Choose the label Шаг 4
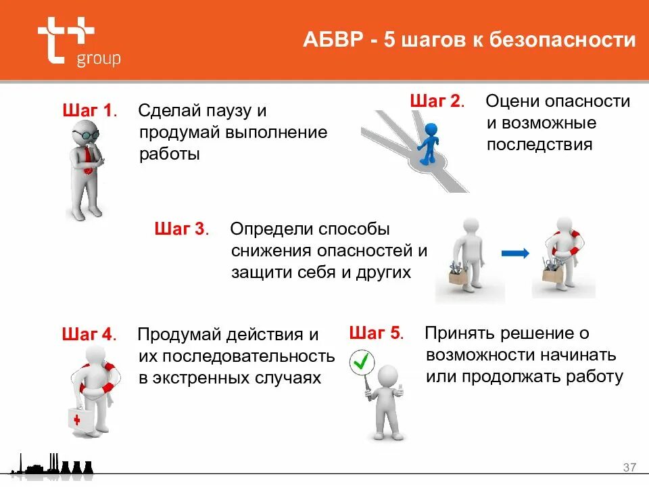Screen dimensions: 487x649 pyautogui.click(x=89, y=334)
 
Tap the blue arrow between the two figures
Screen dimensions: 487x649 pyautogui.click(x=514, y=254)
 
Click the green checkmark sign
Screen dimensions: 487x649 pyautogui.click(x=362, y=363)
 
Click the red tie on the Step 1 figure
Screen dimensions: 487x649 pyautogui.click(x=89, y=155)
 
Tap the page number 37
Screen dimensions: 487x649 pyautogui.click(x=629, y=467)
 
